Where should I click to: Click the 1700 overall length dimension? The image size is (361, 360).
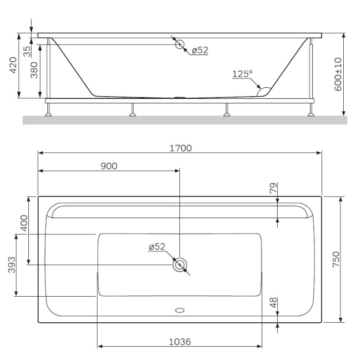pos(180,148)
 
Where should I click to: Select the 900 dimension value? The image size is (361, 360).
pos(109,166)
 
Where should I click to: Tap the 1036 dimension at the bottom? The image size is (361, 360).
pos(179,342)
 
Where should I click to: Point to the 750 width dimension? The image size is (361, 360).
pos(335,259)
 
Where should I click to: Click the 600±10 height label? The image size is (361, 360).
pos(338,73)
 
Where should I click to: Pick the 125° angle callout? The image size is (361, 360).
pos(242,73)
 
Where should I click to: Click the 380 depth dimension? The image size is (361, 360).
pos(34,71)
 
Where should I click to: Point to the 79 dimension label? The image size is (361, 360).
pos(273,189)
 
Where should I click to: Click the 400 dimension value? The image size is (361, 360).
pos(23,223)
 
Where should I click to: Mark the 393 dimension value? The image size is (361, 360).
pos(12,268)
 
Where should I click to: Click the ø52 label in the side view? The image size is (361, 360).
pos(199,50)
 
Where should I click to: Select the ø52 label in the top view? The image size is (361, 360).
pos(157,247)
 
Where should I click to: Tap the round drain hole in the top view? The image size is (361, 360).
pos(179,266)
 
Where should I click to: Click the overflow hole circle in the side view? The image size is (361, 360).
pos(179,44)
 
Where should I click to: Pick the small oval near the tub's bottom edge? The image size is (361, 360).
pos(179,311)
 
